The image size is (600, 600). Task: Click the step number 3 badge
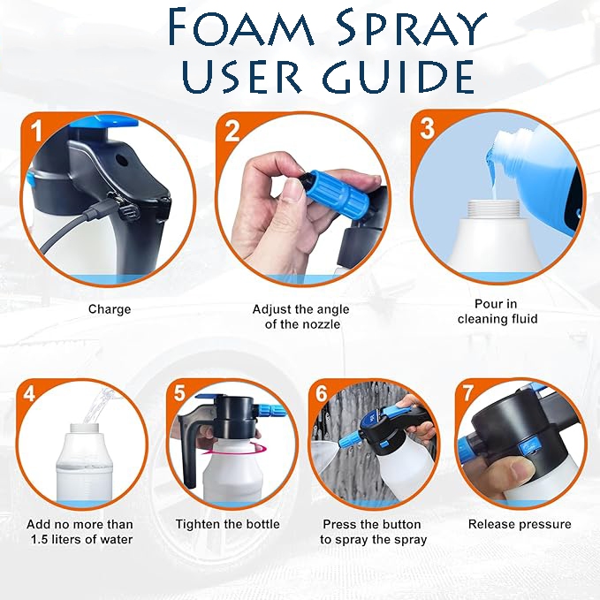click(x=427, y=127)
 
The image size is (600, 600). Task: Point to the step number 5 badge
click(x=180, y=392)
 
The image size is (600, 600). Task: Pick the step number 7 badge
click(x=467, y=392)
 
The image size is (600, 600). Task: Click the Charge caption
click(x=110, y=309)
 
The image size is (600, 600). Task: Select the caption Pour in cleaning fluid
click(x=497, y=311)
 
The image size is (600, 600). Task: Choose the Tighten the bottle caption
click(x=228, y=524)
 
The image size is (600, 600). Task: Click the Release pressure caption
click(x=520, y=524)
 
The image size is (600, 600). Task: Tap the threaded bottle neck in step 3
click(x=494, y=209)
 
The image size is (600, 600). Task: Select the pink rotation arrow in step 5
click(x=237, y=449)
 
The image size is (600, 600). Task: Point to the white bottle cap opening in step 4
click(x=85, y=428)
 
